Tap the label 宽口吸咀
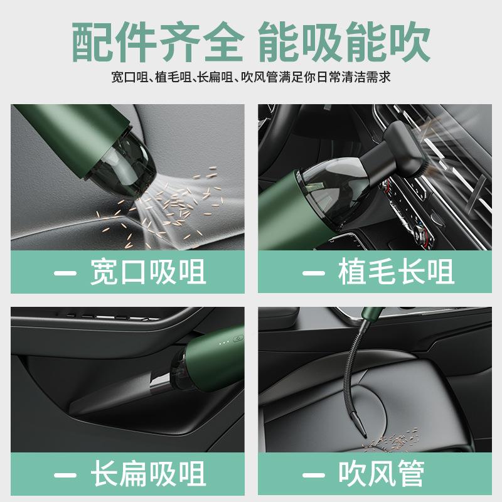[x=147, y=272]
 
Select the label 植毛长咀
[x=395, y=272]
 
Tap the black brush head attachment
[x=402, y=147]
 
